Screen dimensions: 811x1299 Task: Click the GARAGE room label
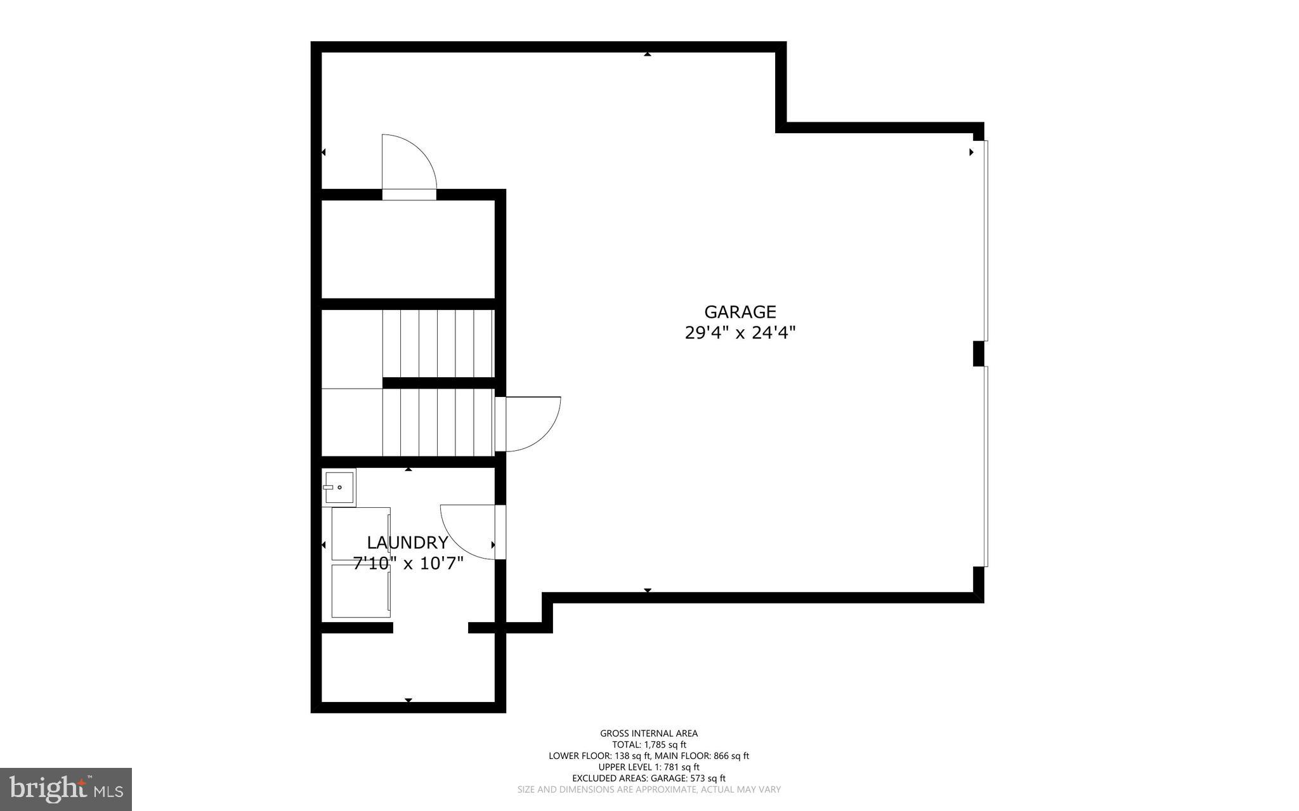(740, 312)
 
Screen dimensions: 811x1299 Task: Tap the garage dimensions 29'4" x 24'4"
(740, 333)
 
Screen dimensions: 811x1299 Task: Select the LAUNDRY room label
(407, 542)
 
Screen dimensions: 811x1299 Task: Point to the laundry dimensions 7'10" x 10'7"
(408, 563)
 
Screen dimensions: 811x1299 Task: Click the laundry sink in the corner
(338, 486)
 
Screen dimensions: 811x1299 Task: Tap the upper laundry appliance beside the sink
(360, 533)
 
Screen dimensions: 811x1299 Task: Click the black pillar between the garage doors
(979, 354)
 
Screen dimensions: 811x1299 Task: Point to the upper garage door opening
(986, 241)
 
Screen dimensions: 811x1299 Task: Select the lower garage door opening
(986, 466)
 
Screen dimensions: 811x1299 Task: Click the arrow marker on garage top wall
(647, 55)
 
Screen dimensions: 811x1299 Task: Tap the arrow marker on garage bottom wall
(647, 590)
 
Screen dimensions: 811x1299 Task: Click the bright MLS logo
(66, 789)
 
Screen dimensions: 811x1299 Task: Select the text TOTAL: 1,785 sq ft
(649, 745)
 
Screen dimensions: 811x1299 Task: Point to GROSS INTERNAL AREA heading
(649, 734)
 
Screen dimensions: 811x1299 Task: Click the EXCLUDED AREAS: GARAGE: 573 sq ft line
(649, 778)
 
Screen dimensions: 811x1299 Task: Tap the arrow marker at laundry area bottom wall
(408, 700)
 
